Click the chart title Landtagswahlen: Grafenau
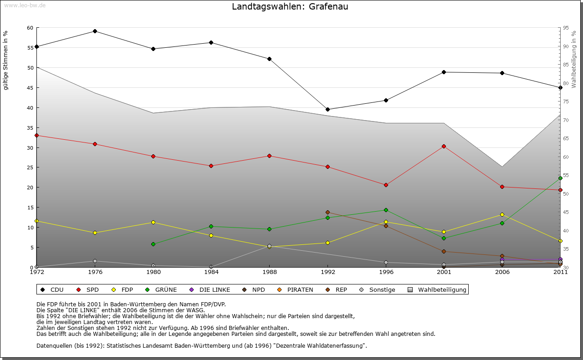pyautogui.click(x=290, y=6)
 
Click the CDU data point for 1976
pyautogui.click(x=95, y=31)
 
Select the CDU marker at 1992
pyautogui.click(x=327, y=110)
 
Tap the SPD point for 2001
pyautogui.click(x=444, y=147)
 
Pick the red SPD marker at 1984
pyautogui.click(x=211, y=166)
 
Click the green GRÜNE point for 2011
pyautogui.click(x=560, y=178)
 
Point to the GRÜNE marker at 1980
pyautogui.click(x=153, y=244)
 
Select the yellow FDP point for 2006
pyautogui.click(x=502, y=215)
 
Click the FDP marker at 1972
pyautogui.click(x=37, y=221)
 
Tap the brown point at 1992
pyautogui.click(x=327, y=213)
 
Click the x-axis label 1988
pyautogui.click(x=269, y=273)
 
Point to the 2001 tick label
pyautogui.click(x=444, y=273)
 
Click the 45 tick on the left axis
pyautogui.click(x=30, y=88)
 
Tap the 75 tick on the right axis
pyautogui.click(x=566, y=102)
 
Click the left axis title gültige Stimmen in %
pyautogui.click(x=6, y=60)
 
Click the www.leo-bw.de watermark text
pyautogui.click(x=25, y=5)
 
